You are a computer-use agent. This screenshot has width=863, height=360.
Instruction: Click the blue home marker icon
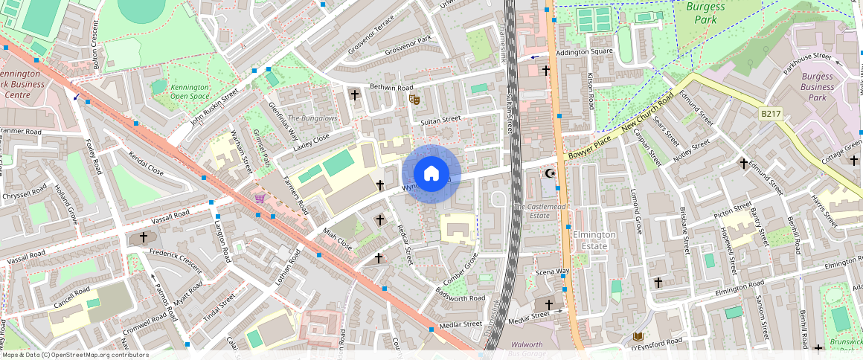point(431,173)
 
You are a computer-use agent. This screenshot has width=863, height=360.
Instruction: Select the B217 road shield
point(771,114)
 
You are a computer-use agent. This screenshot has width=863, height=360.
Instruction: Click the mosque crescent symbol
point(551,173)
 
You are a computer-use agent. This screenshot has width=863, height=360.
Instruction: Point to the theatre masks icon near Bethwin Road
point(414,99)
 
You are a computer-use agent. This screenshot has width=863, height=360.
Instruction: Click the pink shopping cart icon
point(260,199)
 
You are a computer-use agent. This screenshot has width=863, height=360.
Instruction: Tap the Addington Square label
point(585,51)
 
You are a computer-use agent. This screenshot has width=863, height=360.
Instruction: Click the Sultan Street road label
point(441,119)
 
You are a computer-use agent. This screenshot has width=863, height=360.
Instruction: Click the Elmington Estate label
point(594,240)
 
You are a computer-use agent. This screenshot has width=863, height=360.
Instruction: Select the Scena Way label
point(552,272)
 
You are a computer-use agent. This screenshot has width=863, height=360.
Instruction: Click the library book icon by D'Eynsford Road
point(638,335)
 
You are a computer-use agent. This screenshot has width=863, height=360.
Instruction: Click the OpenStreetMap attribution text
point(75,355)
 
